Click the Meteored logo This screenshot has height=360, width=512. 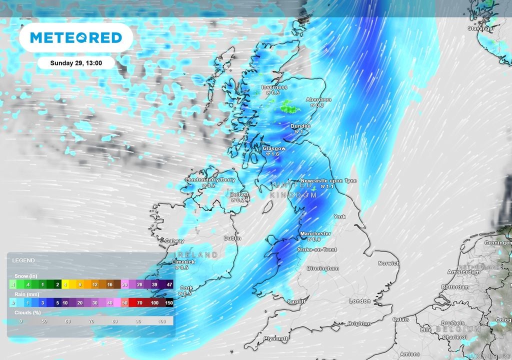click(x=76, y=37)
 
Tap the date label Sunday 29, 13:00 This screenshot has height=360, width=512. click(x=76, y=63)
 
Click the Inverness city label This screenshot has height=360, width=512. click(x=274, y=87)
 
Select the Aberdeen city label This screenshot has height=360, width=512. click(x=318, y=100)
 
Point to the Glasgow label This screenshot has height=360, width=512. click(x=274, y=148)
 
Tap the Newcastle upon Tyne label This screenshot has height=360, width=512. click(x=328, y=180)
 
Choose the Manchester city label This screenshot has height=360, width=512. click(x=315, y=233)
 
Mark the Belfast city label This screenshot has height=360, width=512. click(x=238, y=194)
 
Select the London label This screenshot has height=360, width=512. click(x=359, y=301)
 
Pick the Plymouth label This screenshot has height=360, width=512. click(x=276, y=338)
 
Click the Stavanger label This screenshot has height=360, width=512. click(x=481, y=28)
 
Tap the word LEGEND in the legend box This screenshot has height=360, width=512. click(x=23, y=260)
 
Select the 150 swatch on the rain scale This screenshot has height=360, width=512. click(x=168, y=302)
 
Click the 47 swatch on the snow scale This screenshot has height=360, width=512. click(x=168, y=284)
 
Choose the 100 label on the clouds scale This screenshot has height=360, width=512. click(x=160, y=321)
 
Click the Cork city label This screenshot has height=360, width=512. click(x=186, y=288)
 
